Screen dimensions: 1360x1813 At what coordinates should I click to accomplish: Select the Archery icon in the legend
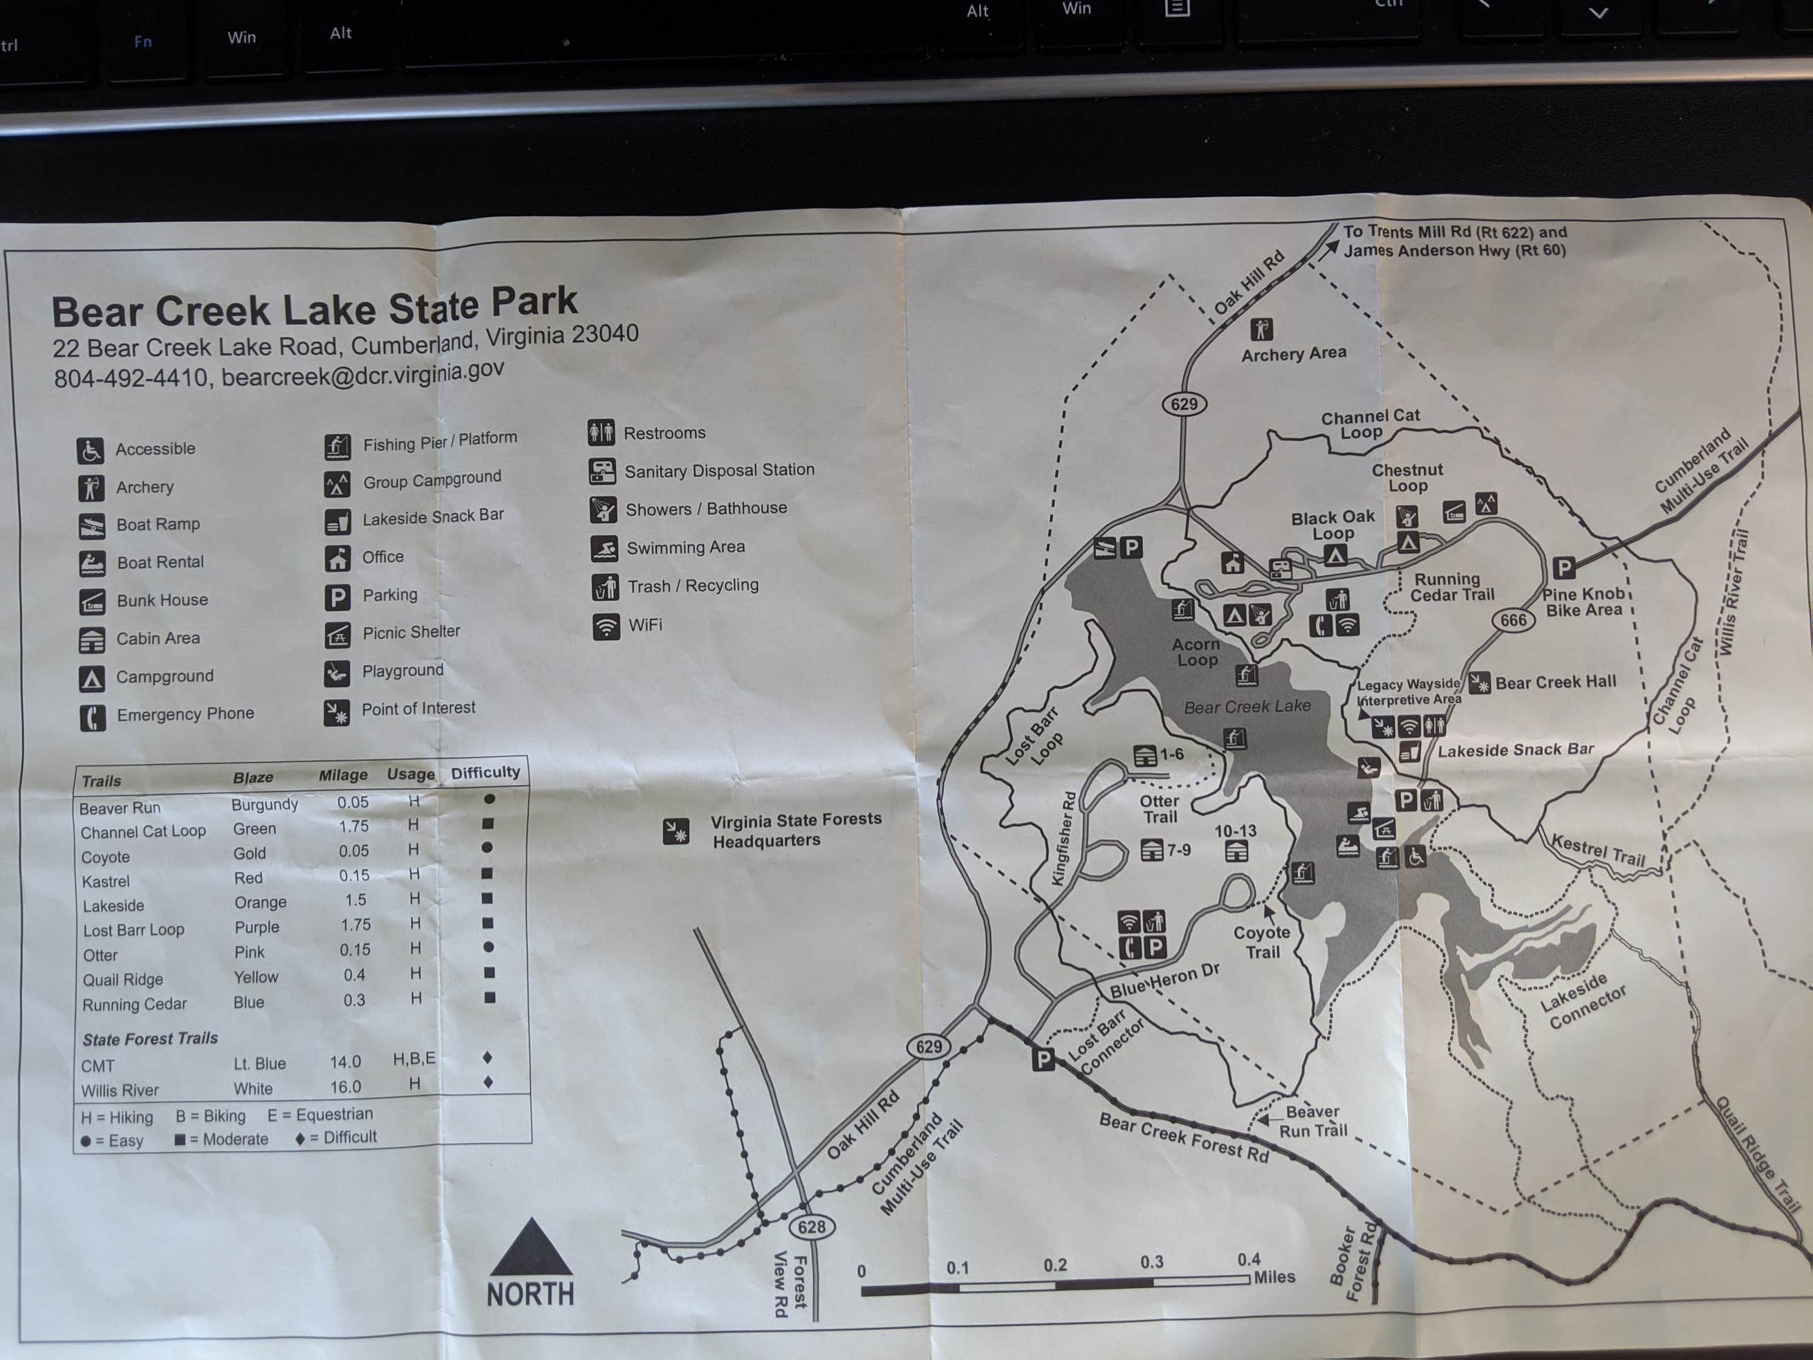click(91, 487)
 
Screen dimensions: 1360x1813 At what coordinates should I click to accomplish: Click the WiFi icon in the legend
click(606, 626)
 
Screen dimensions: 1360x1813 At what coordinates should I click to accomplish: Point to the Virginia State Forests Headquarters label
click(796, 830)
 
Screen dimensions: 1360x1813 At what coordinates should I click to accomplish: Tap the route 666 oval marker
click(1512, 620)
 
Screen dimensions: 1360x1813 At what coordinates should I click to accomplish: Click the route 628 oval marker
click(811, 1227)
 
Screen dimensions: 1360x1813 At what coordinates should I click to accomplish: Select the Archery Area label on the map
click(1293, 353)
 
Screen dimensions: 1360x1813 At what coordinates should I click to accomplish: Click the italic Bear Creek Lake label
click(1247, 707)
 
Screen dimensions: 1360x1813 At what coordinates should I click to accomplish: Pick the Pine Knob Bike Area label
click(1583, 602)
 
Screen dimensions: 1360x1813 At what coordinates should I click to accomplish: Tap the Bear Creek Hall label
click(1555, 682)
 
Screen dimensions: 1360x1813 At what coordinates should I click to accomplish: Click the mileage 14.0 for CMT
click(345, 1061)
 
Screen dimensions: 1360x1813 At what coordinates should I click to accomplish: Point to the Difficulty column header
click(485, 772)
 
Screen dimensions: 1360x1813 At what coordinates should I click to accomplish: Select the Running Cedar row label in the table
click(134, 1004)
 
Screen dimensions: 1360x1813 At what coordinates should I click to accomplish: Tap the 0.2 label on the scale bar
click(1055, 1265)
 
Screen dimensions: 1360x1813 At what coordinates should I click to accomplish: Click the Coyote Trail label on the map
click(1262, 942)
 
